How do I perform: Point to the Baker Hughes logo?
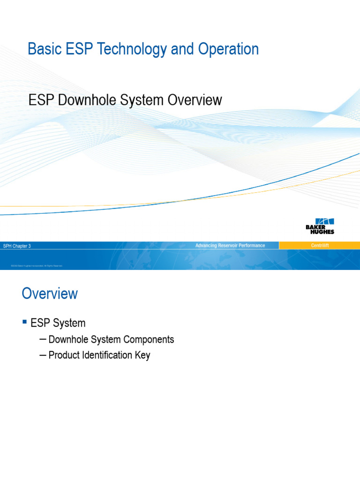pyautogui.click(x=320, y=226)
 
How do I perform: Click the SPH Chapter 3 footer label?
pyautogui.click(x=17, y=246)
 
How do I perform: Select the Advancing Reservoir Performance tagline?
pyautogui.click(x=230, y=246)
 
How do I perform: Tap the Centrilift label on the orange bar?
pyautogui.click(x=320, y=246)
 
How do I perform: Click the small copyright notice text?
pyautogui.click(x=37, y=266)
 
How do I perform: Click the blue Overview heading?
pyautogui.click(x=50, y=294)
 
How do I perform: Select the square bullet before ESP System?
pyautogui.click(x=25, y=322)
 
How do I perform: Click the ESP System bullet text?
pyautogui.click(x=58, y=323)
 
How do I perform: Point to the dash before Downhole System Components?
pyautogui.click(x=43, y=339)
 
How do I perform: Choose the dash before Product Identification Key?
pyautogui.click(x=43, y=355)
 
